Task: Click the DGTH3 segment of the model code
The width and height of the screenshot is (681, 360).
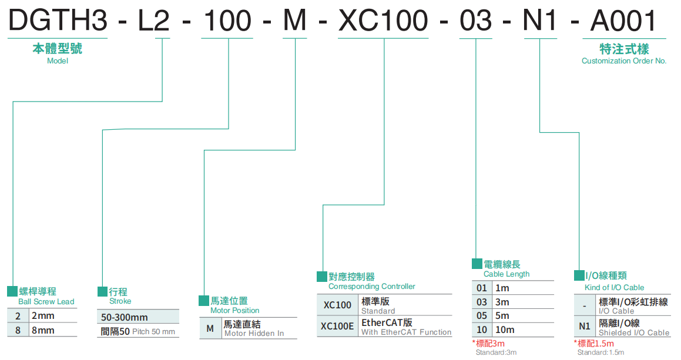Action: click(x=57, y=21)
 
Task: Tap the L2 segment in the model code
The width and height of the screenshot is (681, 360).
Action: click(x=154, y=21)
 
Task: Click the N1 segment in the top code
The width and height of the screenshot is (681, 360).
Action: click(x=541, y=21)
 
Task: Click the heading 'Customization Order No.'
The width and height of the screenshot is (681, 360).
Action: click(x=624, y=60)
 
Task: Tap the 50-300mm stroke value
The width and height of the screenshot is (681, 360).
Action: click(x=125, y=317)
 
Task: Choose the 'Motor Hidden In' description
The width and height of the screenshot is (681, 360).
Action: click(x=254, y=334)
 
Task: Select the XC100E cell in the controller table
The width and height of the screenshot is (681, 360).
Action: click(x=338, y=326)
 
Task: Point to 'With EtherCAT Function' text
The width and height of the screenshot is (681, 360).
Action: click(x=406, y=332)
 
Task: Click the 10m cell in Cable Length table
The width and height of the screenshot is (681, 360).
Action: click(x=505, y=330)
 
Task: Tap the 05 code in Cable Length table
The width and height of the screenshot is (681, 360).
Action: click(x=482, y=316)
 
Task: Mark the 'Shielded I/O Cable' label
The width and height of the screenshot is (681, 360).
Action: click(x=634, y=333)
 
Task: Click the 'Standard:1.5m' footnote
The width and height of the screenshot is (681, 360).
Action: click(x=601, y=352)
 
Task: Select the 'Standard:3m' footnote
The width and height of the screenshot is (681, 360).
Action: click(x=496, y=352)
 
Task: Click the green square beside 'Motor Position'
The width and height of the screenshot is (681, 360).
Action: click(x=203, y=300)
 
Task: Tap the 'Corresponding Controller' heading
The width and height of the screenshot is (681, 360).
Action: click(x=371, y=287)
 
